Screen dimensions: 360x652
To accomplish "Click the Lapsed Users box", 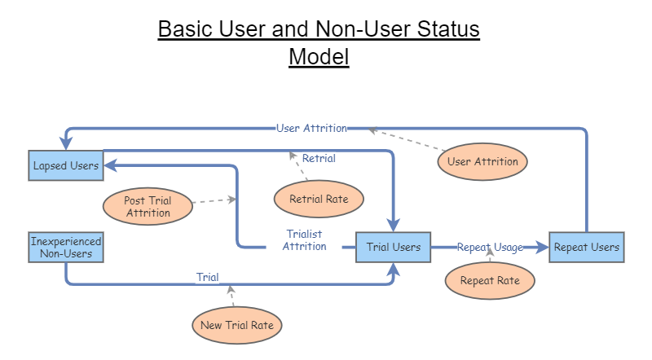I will [x=66, y=165].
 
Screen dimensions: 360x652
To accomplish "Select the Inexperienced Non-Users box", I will [x=66, y=248].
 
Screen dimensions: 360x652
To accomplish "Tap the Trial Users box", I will [x=394, y=247].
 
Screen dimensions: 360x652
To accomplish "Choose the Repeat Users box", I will [x=587, y=247].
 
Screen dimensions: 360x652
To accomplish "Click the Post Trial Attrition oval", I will [x=148, y=207].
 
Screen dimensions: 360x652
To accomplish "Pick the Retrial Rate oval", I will [x=317, y=197].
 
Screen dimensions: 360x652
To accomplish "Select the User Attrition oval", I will [x=482, y=161].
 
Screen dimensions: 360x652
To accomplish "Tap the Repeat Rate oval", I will [x=490, y=281].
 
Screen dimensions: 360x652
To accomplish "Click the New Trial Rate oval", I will [x=237, y=326].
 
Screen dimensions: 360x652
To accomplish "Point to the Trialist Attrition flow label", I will [x=304, y=240].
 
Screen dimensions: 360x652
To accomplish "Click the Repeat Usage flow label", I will [x=490, y=247].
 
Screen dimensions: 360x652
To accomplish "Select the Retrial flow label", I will [x=319, y=158].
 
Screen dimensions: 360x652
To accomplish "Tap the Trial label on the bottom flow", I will [x=208, y=277].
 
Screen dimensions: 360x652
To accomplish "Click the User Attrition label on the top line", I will [x=311, y=128].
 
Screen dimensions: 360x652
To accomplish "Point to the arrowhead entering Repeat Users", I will [x=542, y=247].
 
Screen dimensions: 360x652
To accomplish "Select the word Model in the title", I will [x=319, y=57].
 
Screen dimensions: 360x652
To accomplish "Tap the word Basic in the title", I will [x=188, y=29].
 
